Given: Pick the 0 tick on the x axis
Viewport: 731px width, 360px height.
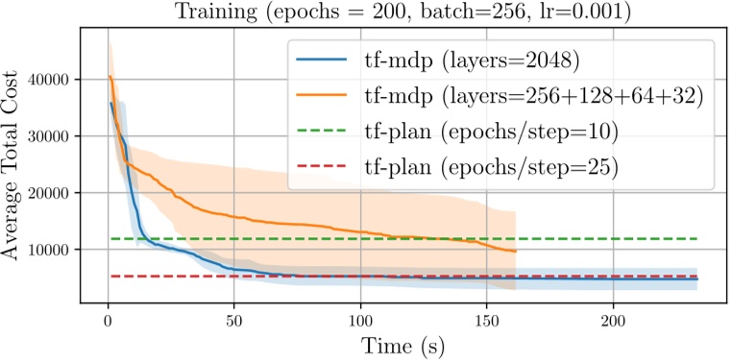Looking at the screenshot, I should pos(108,318).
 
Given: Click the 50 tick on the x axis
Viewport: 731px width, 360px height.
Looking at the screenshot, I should pos(233,318).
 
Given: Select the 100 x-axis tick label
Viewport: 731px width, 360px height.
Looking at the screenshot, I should pos(360,318).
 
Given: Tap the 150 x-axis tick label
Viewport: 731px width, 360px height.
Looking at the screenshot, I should pos(486,318).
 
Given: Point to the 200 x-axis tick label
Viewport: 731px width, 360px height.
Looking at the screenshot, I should pos(613,318).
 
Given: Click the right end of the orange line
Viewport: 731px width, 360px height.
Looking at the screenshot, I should pos(516,252).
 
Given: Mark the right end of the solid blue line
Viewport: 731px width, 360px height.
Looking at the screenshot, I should pos(697,279).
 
